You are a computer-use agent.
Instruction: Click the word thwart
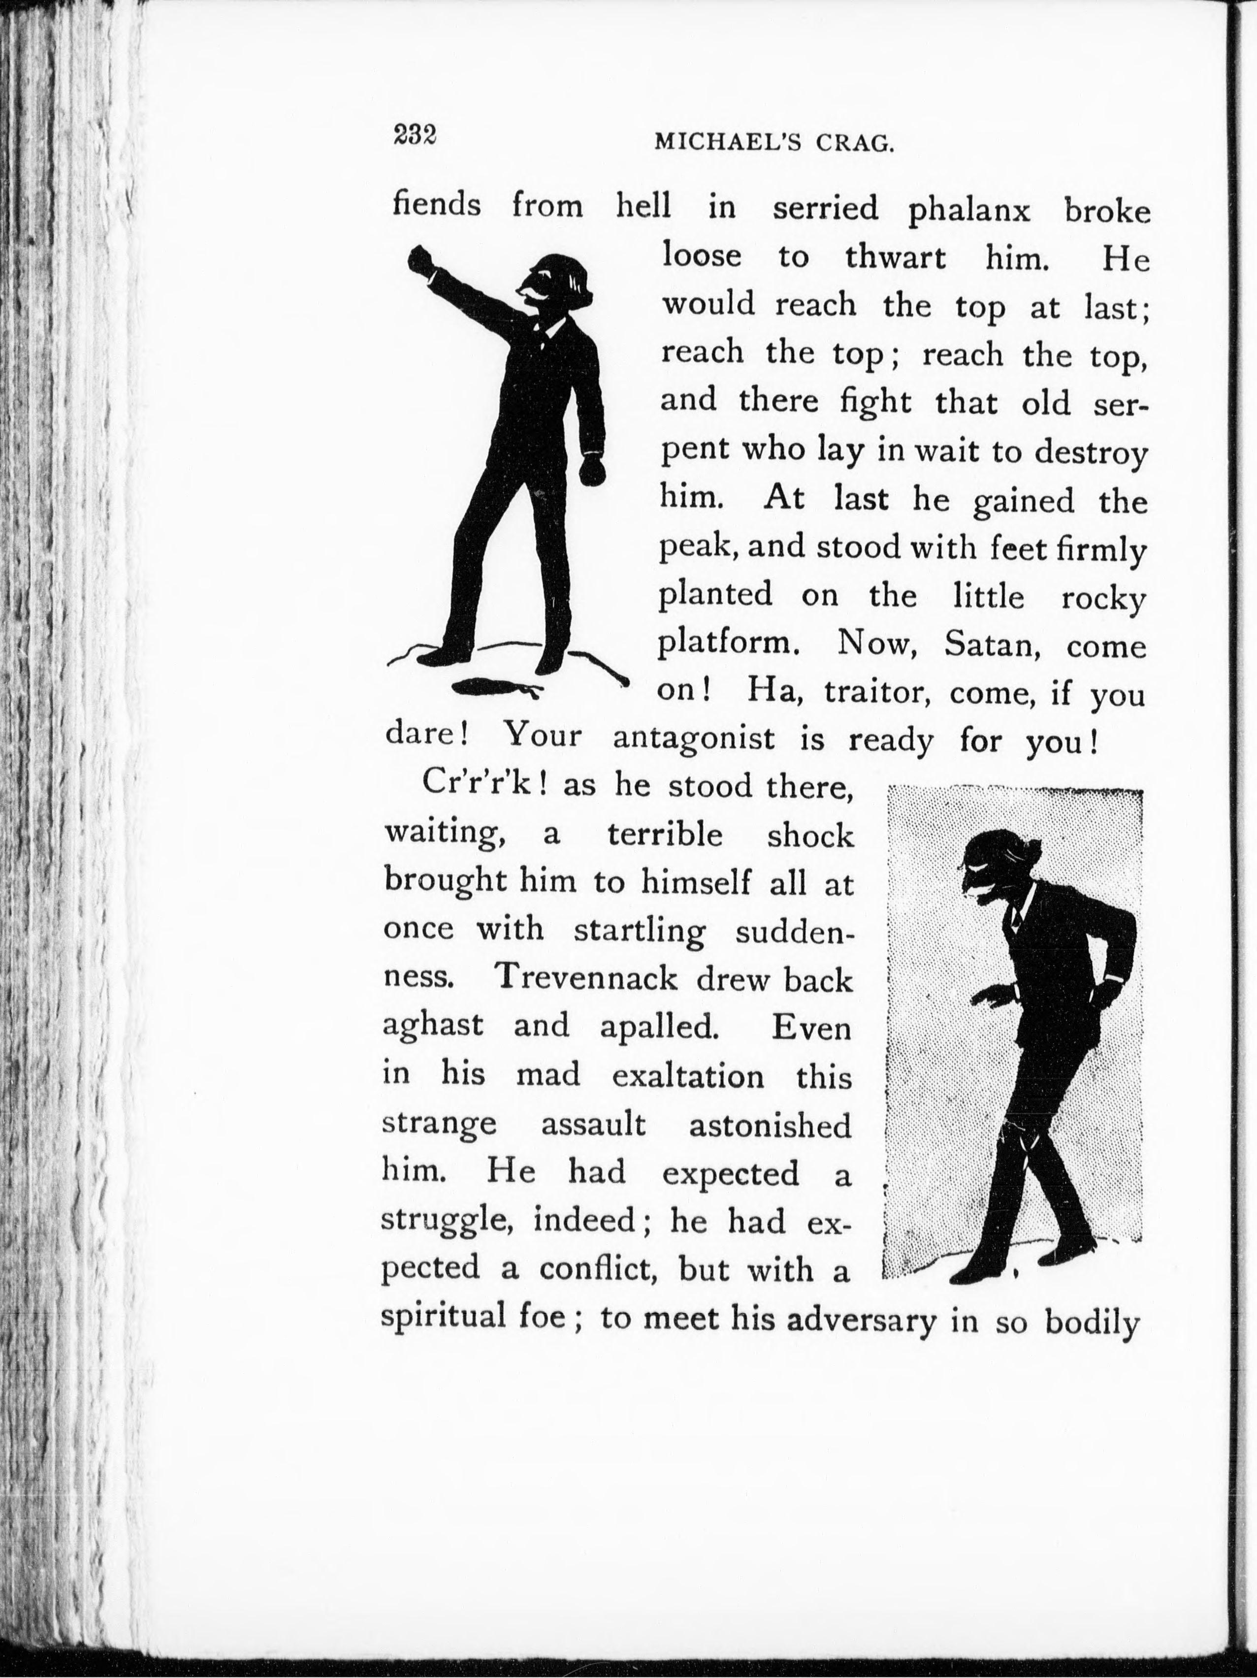(895, 258)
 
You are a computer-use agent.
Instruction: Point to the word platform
(728, 645)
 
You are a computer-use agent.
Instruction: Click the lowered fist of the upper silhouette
(592, 471)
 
